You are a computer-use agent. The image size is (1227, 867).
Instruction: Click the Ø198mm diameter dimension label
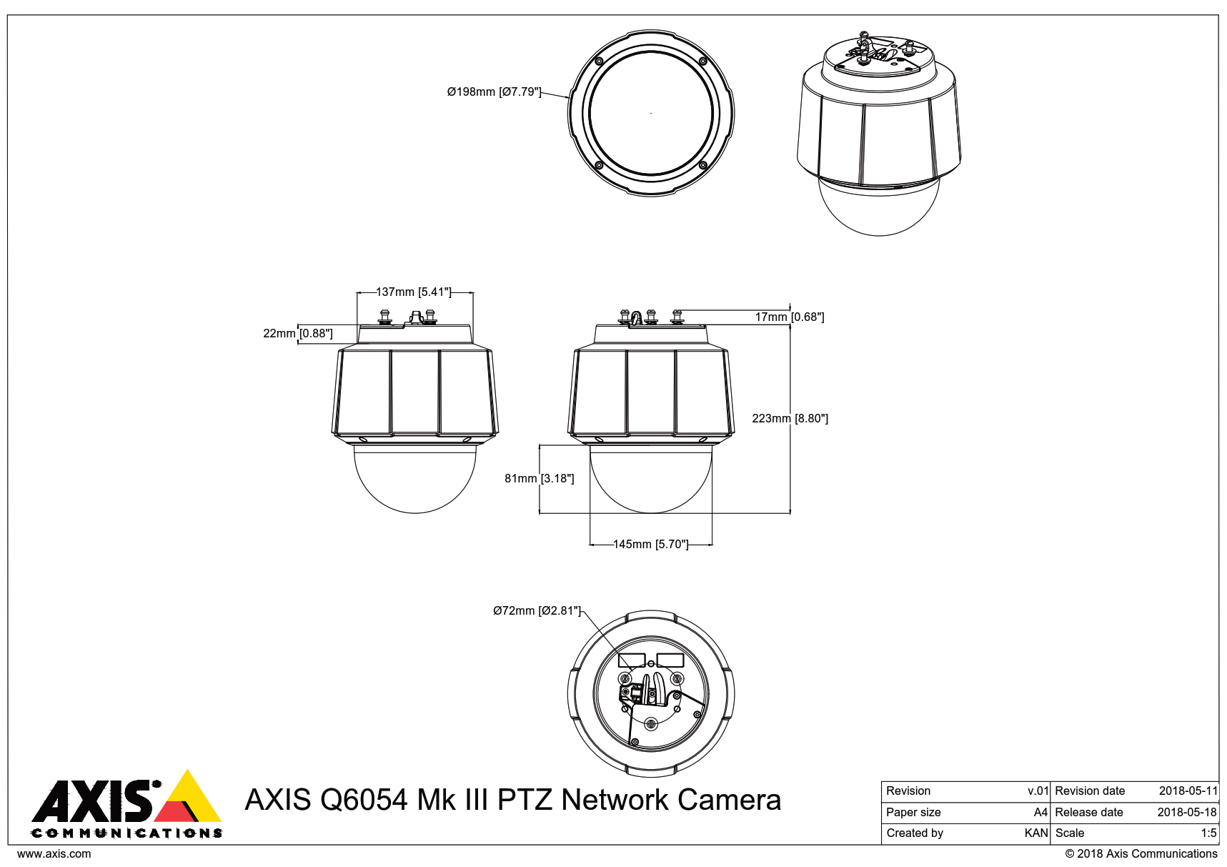(494, 91)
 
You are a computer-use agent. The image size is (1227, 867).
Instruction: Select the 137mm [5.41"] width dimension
(414, 292)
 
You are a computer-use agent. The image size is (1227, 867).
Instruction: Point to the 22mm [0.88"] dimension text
(298, 333)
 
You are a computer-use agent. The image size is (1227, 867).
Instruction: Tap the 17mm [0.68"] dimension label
(790, 317)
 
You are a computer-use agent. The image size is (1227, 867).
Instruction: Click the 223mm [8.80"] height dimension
(790, 418)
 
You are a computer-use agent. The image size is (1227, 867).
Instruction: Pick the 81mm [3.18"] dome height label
(539, 478)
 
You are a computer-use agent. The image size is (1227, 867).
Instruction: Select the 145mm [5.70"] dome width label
(650, 544)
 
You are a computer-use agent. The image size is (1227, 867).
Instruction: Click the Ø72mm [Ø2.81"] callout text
(537, 610)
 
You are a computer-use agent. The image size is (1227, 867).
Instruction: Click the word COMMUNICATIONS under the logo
(126, 833)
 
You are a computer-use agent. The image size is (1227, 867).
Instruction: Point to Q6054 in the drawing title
(363, 800)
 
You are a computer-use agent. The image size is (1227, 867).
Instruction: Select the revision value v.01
(1038, 791)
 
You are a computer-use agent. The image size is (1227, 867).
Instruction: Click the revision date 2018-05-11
(1188, 791)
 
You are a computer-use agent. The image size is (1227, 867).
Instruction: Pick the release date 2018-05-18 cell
(1186, 812)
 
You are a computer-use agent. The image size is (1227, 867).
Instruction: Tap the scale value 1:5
(1208, 833)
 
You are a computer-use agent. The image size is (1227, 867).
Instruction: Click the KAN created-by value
(1035, 833)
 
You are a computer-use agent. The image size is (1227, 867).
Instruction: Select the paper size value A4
(1040, 812)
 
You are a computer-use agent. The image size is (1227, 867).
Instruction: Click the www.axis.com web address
(54, 853)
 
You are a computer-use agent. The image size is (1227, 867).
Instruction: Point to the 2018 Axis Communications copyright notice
(1141, 853)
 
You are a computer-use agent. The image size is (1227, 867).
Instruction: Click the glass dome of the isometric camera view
(879, 211)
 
